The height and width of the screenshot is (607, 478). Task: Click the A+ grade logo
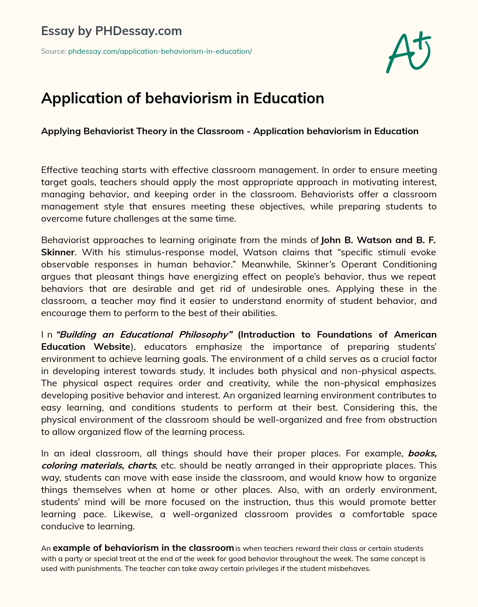(408, 52)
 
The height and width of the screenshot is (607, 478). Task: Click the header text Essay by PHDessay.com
(111, 31)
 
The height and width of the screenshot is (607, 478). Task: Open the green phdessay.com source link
(160, 51)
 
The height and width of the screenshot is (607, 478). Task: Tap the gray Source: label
(53, 51)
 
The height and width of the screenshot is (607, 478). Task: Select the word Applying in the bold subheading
(61, 131)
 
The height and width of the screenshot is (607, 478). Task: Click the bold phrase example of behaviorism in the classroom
(143, 548)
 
